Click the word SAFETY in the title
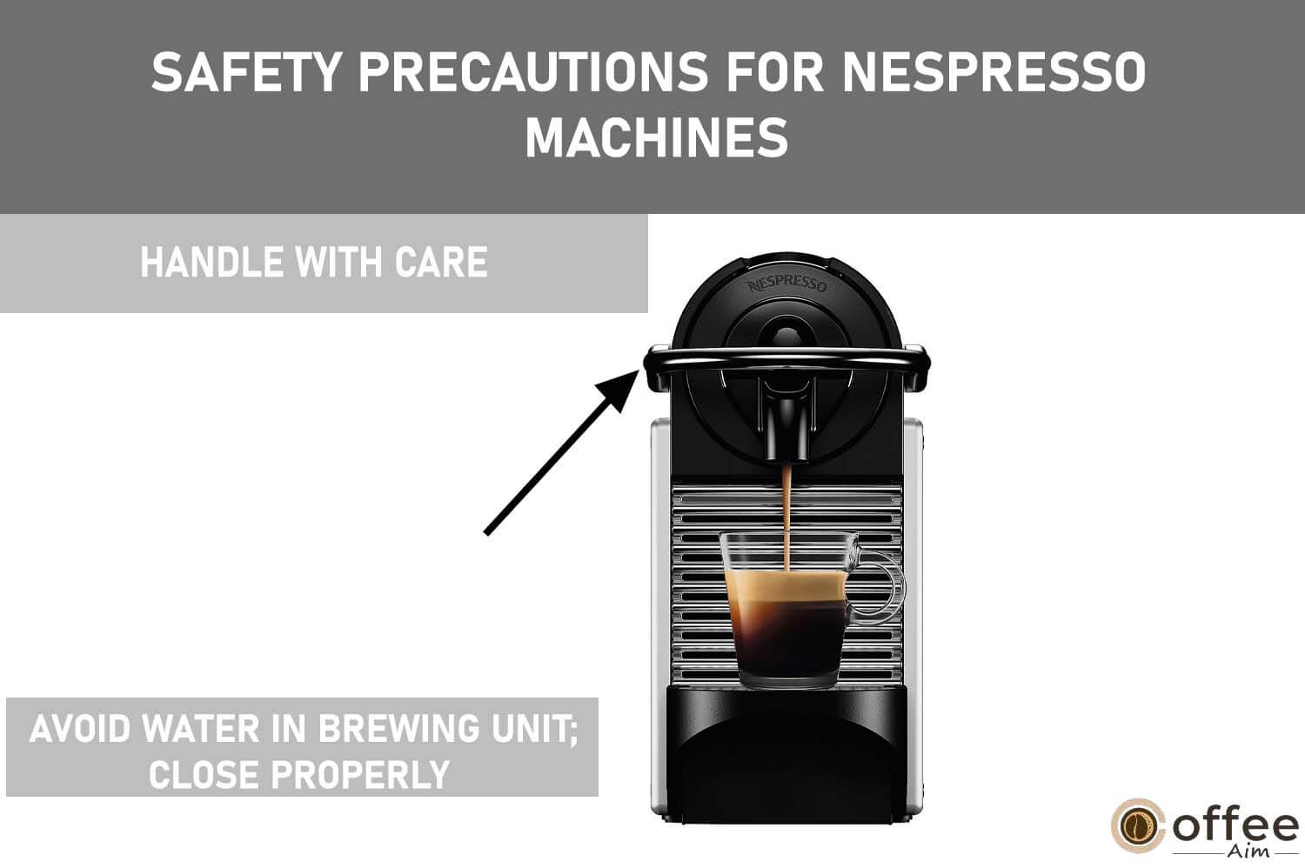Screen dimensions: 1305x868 pos(244,72)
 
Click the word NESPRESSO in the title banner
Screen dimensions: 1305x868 pos(994,72)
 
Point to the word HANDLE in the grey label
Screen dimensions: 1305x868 pos(211,262)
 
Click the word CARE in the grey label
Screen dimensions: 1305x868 pos(440,262)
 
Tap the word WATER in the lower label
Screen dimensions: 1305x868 pos(202,729)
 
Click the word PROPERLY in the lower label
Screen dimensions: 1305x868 pos(360,774)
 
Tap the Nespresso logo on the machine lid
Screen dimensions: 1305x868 pos(786,285)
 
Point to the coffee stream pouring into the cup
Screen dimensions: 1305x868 pos(787,517)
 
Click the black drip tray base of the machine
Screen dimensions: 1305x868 pos(786,754)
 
